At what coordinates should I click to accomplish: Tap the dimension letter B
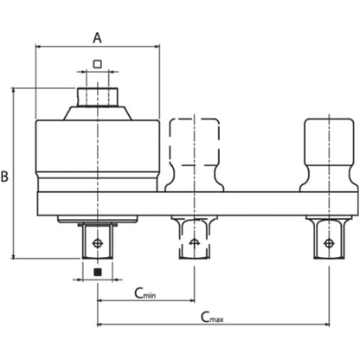(6, 176)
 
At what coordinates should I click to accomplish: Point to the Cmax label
(212, 318)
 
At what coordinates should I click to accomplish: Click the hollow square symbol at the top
(97, 64)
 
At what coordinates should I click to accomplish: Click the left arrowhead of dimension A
(39, 48)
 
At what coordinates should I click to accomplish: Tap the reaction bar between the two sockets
(260, 202)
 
